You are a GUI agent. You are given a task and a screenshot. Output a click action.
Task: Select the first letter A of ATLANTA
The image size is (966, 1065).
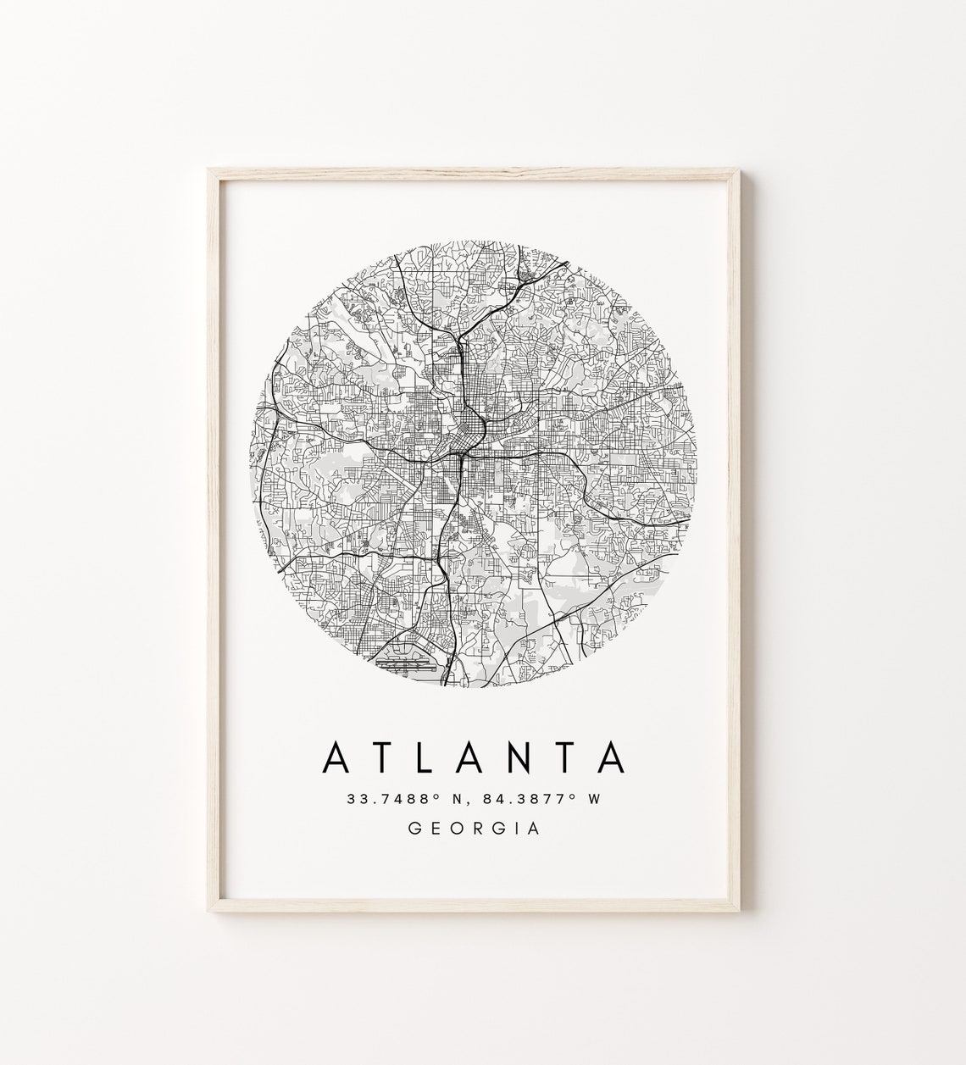coord(336,757)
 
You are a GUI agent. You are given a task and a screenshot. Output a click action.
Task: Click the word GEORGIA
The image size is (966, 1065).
coord(474,829)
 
